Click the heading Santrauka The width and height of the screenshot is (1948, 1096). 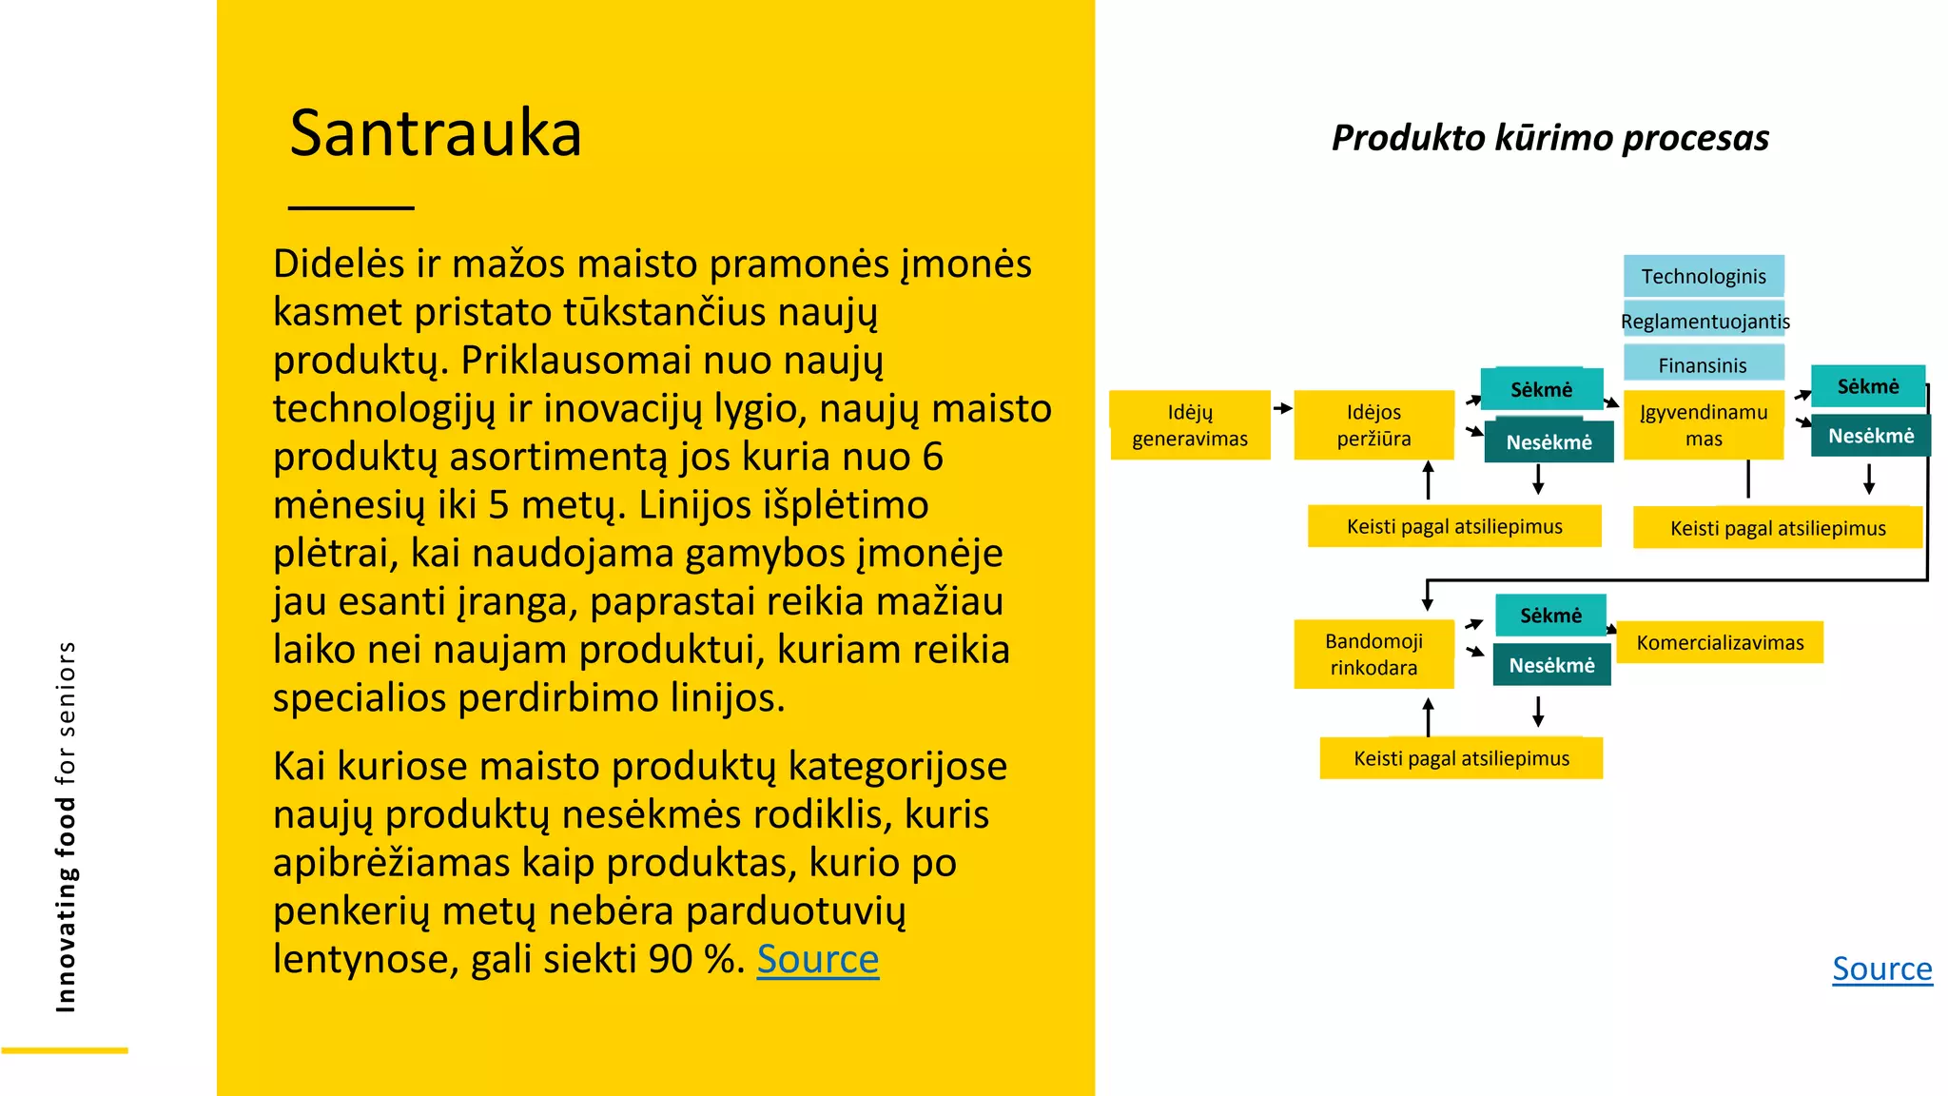tap(435, 133)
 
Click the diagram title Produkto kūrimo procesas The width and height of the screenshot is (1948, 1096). tap(1549, 138)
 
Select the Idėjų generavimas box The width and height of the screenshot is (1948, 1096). tap(1189, 425)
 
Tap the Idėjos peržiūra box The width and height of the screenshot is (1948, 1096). tap(1373, 425)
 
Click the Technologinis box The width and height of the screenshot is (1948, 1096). tap(1703, 276)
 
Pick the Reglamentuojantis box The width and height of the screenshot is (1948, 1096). tap(1704, 321)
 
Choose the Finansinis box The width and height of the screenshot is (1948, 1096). tap(1703, 364)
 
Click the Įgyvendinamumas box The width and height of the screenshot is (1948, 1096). tap(1703, 425)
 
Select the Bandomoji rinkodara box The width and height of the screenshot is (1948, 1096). tap(1373, 655)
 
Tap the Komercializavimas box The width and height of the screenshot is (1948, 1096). tap(1720, 642)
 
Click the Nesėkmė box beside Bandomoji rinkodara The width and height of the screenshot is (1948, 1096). tap(1551, 665)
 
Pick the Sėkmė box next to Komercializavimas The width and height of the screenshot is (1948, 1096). tap(1550, 616)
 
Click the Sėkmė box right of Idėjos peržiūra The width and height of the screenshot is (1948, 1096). tap(1541, 389)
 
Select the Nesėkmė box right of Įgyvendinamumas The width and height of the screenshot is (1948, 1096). tap(1870, 436)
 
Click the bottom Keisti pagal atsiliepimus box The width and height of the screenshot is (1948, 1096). tap(1461, 758)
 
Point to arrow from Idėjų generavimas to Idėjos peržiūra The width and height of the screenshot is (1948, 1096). tap(1282, 408)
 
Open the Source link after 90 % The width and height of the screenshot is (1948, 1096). tap(817, 959)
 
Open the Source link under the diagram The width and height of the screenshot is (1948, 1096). tap(1881, 969)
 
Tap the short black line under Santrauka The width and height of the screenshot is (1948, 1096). tap(351, 207)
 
